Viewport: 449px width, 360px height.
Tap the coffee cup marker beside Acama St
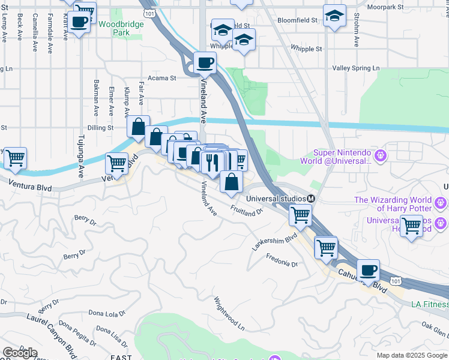[205, 62]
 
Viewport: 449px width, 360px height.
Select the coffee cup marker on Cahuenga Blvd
[368, 270]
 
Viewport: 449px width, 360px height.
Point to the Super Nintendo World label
[343, 157]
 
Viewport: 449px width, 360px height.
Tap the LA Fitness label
[429, 304]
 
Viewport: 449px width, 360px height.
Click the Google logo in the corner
[20, 353]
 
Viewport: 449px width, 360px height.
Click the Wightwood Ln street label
[229, 313]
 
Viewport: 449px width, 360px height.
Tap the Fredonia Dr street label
[283, 263]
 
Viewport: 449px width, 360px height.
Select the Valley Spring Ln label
[356, 68]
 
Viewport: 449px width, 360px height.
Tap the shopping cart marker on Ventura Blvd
[116, 163]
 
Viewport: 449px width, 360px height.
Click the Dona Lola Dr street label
[107, 313]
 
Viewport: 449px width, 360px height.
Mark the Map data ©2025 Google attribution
[411, 355]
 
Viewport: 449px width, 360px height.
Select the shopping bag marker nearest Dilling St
[138, 127]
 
